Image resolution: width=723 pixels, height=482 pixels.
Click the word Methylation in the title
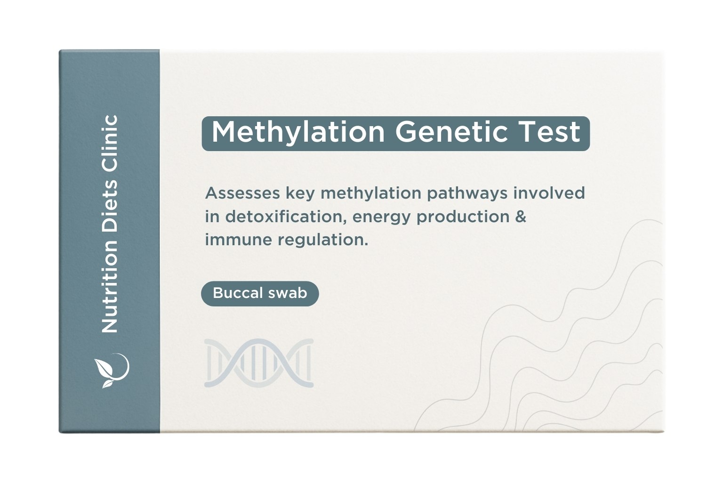(x=298, y=132)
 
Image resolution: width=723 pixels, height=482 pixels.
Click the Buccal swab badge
(x=260, y=293)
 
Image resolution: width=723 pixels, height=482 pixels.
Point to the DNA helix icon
(x=259, y=363)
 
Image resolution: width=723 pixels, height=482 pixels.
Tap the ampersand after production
(x=521, y=217)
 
